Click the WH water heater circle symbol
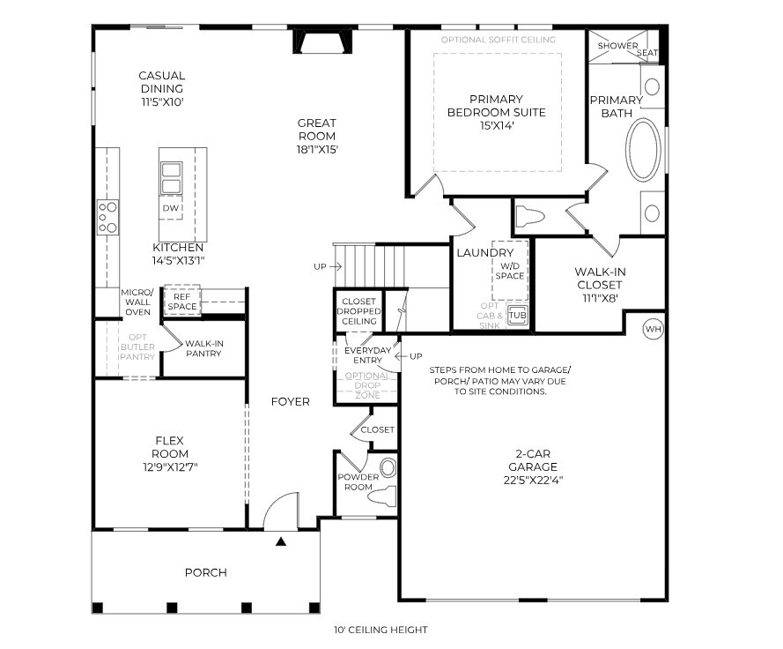click(653, 329)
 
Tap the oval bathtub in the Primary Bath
click(644, 150)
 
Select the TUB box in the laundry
click(517, 315)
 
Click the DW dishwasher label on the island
click(171, 208)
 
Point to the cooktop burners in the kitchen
click(107, 217)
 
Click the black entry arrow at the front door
click(281, 541)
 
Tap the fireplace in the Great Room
click(323, 42)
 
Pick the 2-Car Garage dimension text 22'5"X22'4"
click(534, 481)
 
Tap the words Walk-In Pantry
click(203, 348)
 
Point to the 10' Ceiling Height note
click(380, 630)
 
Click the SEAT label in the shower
click(647, 53)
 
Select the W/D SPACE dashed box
click(510, 264)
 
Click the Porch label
click(205, 572)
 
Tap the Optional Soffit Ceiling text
click(498, 40)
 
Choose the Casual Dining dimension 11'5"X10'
click(161, 101)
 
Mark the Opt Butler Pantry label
click(137, 347)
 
